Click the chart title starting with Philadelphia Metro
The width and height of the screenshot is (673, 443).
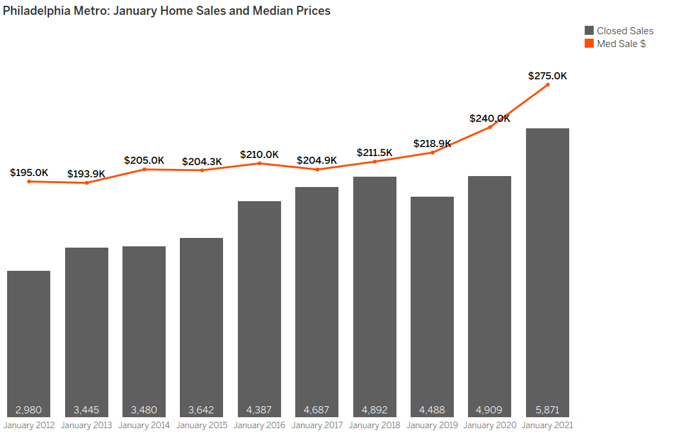point(166,11)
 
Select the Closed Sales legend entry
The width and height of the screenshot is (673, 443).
point(618,31)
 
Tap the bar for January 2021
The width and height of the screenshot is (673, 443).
point(547,271)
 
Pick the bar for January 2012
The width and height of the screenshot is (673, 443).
point(28,342)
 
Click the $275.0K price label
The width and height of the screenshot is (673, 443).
point(547,75)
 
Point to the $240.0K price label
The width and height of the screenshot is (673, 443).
point(489,119)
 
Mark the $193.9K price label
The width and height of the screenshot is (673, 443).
point(86,174)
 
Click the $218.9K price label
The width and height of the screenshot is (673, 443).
point(432,144)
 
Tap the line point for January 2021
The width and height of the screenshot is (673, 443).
point(547,84)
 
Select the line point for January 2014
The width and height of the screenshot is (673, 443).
point(144,169)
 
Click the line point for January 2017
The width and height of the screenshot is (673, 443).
point(317,170)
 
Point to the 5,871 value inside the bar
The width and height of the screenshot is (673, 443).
point(547,409)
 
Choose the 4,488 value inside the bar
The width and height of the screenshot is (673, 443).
point(432,409)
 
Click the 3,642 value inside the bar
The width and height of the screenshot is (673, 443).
point(201,409)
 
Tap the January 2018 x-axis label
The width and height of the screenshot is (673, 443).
point(375,426)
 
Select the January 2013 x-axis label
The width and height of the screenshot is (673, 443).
point(86,426)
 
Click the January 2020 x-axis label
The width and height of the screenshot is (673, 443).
point(489,426)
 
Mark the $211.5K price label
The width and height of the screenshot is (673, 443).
point(375,153)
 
